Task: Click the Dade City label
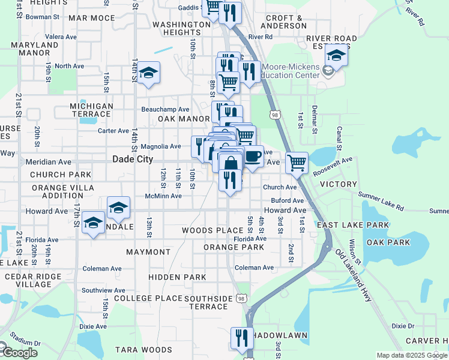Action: (x=133, y=160)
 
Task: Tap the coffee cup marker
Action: (x=253, y=157)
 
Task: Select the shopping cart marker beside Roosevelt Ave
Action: (x=297, y=162)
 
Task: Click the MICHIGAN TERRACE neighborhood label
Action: (x=91, y=110)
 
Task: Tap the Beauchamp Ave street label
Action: (x=165, y=109)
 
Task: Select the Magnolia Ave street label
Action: (x=160, y=146)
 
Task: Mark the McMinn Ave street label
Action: (x=163, y=196)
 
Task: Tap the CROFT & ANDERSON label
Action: (x=282, y=22)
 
